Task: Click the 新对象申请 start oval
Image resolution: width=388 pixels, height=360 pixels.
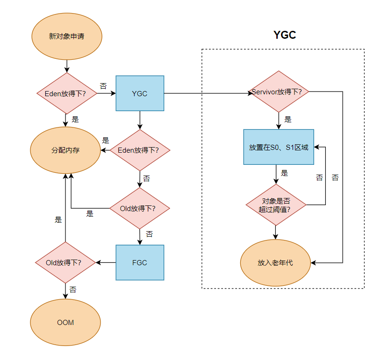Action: (66, 36)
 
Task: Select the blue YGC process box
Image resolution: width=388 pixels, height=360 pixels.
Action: (139, 93)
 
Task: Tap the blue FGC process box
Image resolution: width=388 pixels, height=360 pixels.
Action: (139, 262)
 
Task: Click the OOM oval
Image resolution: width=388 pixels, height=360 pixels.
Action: (65, 322)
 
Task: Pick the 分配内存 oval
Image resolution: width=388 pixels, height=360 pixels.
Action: (65, 150)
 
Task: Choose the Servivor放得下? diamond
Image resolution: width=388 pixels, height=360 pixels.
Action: (280, 92)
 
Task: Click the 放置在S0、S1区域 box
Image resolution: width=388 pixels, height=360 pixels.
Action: (278, 147)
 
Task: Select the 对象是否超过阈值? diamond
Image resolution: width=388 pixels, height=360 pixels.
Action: (276, 205)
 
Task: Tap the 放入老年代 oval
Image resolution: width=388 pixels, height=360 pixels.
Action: (275, 262)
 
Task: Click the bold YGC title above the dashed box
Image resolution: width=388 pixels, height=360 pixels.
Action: (285, 35)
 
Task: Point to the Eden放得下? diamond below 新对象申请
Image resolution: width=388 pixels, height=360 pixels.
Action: (67, 93)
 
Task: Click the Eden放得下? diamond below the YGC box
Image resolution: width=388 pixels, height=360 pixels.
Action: (140, 150)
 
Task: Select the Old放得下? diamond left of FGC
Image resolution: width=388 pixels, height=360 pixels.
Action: (65, 262)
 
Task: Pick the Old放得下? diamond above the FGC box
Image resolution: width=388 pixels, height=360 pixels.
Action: (139, 208)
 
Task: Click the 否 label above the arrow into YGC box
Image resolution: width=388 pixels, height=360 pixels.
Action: (103, 86)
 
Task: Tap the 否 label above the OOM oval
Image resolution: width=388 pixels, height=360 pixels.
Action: (73, 289)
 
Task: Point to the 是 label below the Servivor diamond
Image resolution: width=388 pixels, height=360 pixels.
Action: (288, 119)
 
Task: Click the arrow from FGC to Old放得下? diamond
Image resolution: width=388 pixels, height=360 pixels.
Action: (106, 262)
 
